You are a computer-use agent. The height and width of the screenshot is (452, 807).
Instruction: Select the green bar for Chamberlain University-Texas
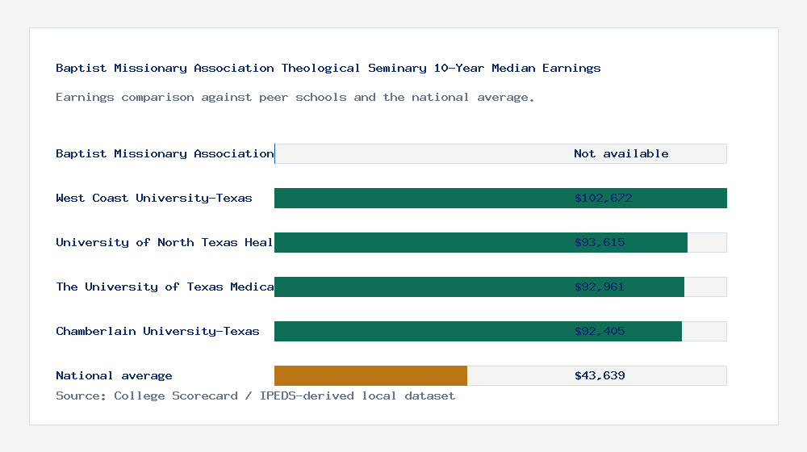pos(420,331)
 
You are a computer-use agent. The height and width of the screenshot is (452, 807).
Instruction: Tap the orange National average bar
pos(370,375)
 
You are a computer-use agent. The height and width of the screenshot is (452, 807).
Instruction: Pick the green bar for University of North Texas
pos(420,242)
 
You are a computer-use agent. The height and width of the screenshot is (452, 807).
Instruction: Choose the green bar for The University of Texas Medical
pos(420,287)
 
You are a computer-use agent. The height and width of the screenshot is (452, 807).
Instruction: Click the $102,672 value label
pos(603,198)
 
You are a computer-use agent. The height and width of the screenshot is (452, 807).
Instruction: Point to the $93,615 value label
pos(600,242)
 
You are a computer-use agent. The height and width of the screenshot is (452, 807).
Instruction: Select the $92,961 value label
pos(600,287)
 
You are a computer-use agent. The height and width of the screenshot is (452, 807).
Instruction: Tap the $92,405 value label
pos(600,331)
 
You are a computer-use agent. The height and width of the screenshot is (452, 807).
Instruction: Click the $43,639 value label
pos(600,375)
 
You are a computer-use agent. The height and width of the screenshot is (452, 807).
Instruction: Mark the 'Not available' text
pos(621,153)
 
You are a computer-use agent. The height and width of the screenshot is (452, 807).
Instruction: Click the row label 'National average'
pos(114,375)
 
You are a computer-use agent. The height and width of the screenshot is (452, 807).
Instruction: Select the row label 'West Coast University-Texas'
pos(154,198)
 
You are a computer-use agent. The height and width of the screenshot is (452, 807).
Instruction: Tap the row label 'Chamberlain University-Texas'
pos(157,331)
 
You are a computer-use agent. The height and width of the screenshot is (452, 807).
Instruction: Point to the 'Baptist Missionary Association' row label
pos(165,153)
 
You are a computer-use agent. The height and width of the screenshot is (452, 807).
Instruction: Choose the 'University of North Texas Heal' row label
pos(165,242)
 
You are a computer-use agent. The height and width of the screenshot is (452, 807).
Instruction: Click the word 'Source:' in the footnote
pos(81,395)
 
